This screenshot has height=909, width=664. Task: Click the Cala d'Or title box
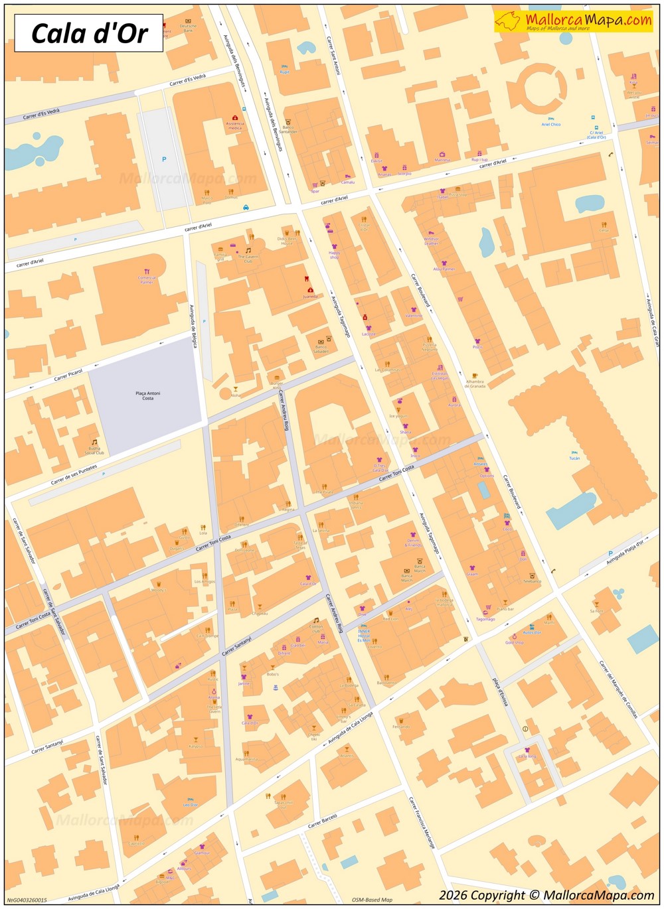(88, 33)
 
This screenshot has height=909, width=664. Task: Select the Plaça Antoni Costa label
(147, 395)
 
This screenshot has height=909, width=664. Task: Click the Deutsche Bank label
(188, 28)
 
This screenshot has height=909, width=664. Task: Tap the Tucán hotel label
(574, 458)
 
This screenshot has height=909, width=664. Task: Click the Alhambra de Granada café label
(475, 384)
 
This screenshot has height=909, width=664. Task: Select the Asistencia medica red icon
(235, 118)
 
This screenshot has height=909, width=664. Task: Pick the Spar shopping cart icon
(315, 186)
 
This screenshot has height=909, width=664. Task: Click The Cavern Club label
(248, 259)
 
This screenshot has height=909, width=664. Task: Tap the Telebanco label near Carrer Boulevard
(532, 581)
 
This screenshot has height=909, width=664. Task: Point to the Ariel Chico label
(550, 124)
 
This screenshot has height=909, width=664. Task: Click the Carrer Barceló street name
(323, 821)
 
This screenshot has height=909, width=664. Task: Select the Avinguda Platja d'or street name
(625, 553)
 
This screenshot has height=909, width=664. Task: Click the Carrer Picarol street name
(68, 375)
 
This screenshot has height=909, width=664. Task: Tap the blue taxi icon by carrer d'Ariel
(246, 208)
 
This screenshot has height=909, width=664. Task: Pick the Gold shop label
(514, 642)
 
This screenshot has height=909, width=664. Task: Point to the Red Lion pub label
(390, 618)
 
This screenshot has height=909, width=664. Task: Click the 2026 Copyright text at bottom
(546, 896)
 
